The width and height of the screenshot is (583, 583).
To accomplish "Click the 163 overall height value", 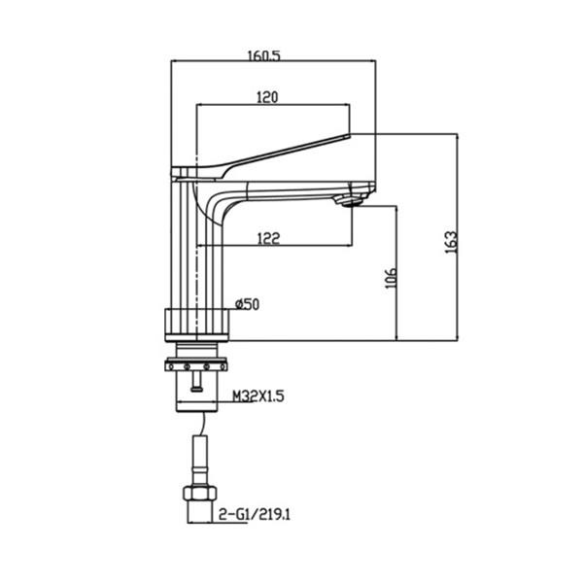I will click(x=449, y=240).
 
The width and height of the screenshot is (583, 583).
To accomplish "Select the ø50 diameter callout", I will click(x=248, y=304).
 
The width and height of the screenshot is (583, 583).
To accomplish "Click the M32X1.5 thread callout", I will click(x=257, y=396).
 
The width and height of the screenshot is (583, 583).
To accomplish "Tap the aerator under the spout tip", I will click(x=349, y=201).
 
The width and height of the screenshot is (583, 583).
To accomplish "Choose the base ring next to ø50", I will click(x=199, y=322).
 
